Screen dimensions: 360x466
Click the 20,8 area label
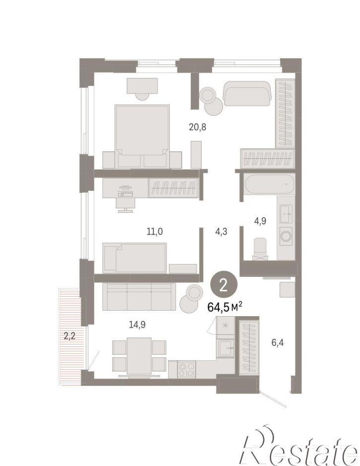pos(198,127)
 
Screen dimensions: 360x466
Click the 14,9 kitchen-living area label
pos(137,325)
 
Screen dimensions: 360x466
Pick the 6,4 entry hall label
pos(278,343)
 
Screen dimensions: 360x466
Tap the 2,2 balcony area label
pos(69,336)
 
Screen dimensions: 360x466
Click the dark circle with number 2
pos(224,285)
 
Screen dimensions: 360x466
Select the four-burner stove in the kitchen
pos(186,369)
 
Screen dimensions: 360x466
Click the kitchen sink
pos(226,348)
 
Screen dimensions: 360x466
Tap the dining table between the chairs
pos(139,356)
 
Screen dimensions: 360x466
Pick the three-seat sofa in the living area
pos(139,297)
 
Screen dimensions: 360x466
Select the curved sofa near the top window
pos(247,93)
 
